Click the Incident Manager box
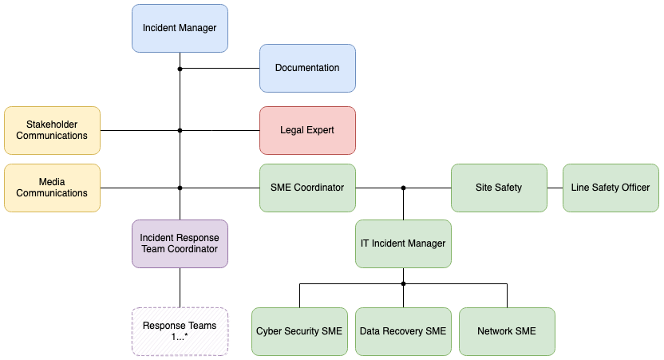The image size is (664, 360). [180, 28]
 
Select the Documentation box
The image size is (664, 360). [307, 68]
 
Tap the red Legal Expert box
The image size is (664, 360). [307, 130]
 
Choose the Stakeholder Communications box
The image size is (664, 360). [52, 130]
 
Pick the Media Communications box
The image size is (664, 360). [52, 188]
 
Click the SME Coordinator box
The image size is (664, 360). [307, 188]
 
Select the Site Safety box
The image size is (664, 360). [499, 188]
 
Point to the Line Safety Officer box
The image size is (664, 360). [611, 188]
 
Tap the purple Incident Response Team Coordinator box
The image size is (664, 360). [180, 243]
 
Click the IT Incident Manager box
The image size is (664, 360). [403, 243]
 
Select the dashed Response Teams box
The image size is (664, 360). [180, 331]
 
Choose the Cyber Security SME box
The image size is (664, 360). [299, 331]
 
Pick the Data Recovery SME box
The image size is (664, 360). [403, 331]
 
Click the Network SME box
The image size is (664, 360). [507, 331]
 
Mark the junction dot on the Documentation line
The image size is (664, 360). [180, 69]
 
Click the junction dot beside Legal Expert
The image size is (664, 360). [180, 130]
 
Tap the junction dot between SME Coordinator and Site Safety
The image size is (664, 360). [403, 188]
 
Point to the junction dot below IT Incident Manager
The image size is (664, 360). [403, 283]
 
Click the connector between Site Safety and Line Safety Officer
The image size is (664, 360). [555, 188]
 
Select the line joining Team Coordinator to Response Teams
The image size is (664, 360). [180, 287]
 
